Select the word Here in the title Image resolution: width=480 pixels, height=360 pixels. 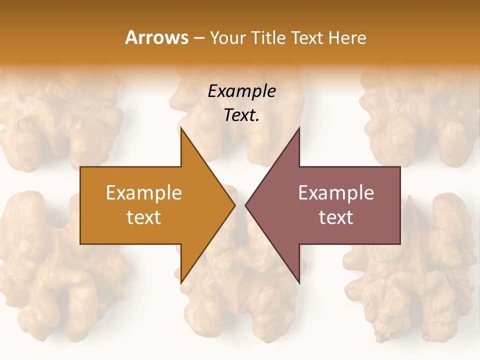(348, 37)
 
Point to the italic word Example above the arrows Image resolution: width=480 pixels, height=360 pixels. (241, 91)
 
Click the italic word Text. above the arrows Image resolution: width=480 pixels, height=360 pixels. (241, 115)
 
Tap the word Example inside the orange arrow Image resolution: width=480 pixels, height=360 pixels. (144, 192)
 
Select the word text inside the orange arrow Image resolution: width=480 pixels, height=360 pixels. (144, 217)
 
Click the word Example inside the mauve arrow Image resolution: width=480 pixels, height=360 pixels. (336, 192)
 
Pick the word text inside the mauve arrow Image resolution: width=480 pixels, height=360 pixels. (336, 217)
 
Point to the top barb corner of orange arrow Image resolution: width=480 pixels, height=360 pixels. (181, 128)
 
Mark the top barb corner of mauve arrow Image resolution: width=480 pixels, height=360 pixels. (299, 128)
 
